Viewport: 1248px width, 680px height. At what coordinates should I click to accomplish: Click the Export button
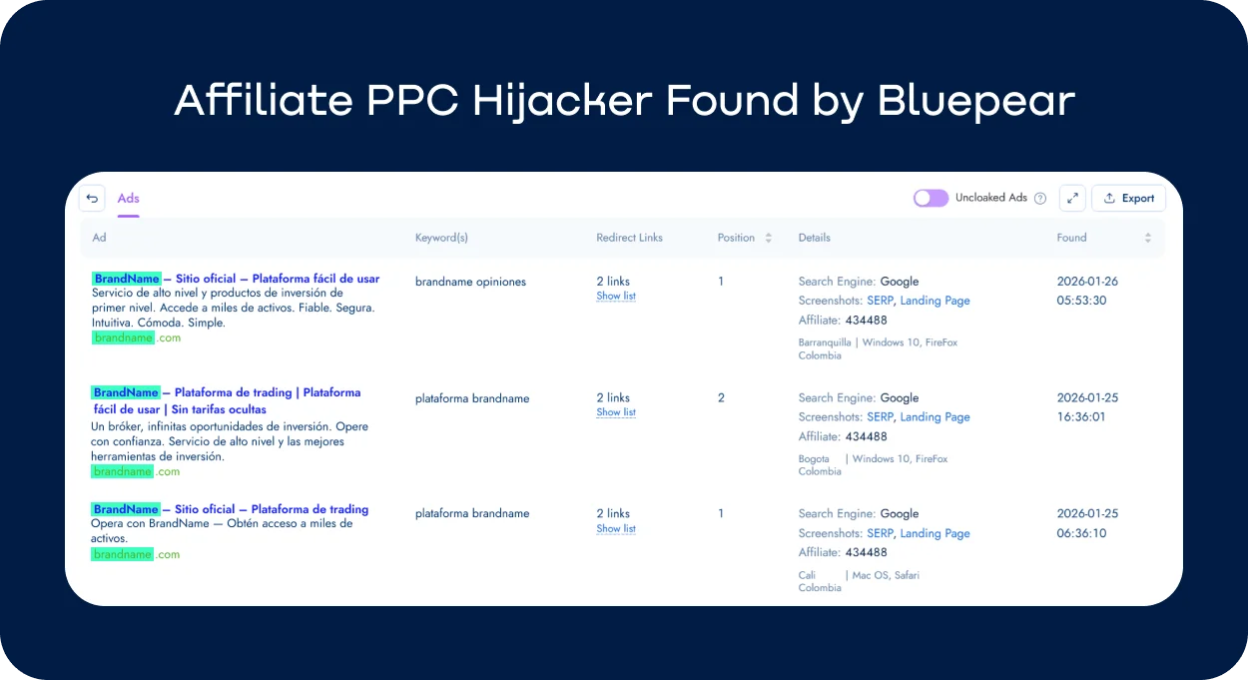point(1128,198)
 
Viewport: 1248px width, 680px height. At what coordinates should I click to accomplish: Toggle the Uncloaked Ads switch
point(931,198)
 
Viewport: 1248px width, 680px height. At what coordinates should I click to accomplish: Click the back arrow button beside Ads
point(92,198)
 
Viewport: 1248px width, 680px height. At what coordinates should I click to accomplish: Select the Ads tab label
point(128,198)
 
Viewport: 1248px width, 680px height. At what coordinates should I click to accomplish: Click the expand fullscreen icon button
point(1072,198)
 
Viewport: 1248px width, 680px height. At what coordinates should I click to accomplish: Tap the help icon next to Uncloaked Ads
point(1040,199)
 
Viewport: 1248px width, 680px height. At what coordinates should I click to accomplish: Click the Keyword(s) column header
point(441,238)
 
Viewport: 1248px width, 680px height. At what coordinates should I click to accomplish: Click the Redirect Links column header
point(629,238)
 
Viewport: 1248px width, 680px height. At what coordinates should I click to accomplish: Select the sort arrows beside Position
point(768,238)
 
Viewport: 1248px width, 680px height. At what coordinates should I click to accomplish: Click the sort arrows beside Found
point(1147,238)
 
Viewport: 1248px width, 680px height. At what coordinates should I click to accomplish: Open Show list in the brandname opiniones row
point(616,297)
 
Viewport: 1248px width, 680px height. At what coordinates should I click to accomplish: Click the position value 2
point(721,397)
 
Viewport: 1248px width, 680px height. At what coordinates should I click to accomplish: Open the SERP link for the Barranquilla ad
point(880,301)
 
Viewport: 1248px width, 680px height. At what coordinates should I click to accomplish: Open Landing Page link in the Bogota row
point(935,417)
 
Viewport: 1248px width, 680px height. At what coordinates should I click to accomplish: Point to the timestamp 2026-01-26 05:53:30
point(1087,291)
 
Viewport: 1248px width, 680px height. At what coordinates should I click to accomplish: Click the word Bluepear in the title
point(976,102)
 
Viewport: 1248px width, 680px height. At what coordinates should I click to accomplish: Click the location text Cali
point(807,575)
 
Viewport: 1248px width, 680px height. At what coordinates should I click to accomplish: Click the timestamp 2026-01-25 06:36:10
point(1087,523)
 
